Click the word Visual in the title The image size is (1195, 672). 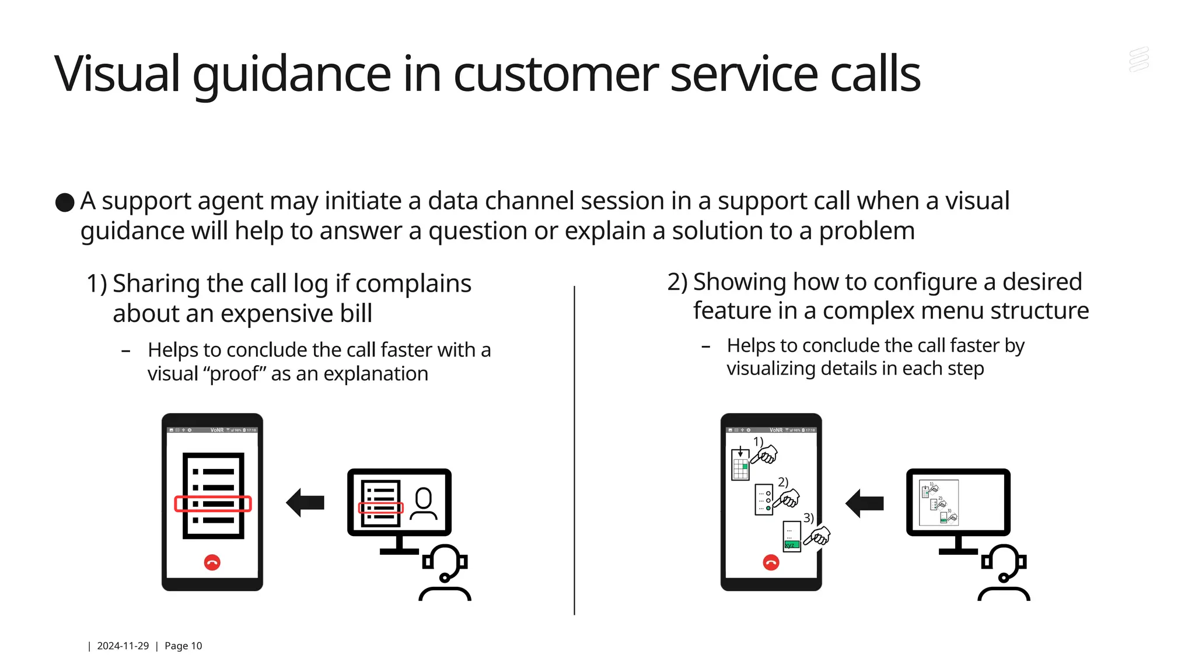pyautogui.click(x=117, y=74)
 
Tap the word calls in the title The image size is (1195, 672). pyautogui.click(x=875, y=74)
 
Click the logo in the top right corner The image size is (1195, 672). pyautogui.click(x=1139, y=60)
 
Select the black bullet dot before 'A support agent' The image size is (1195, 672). pyautogui.click(x=65, y=202)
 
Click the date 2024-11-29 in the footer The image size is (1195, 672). pyautogui.click(x=123, y=646)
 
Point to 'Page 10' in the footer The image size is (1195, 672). pyautogui.click(x=183, y=646)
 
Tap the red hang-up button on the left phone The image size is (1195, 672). pyautogui.click(x=212, y=562)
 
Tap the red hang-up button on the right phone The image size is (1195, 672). pyautogui.click(x=771, y=562)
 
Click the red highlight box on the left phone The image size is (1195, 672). pyautogui.click(x=213, y=504)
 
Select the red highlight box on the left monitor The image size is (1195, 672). pyautogui.click(x=380, y=508)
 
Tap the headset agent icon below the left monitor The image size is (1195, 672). pyautogui.click(x=445, y=573)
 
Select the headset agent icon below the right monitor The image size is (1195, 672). pyautogui.click(x=1004, y=573)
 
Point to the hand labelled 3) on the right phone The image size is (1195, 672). pyautogui.click(x=818, y=536)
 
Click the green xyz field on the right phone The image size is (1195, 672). pyautogui.click(x=791, y=545)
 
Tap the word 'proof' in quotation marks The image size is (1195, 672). pyautogui.click(x=235, y=374)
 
